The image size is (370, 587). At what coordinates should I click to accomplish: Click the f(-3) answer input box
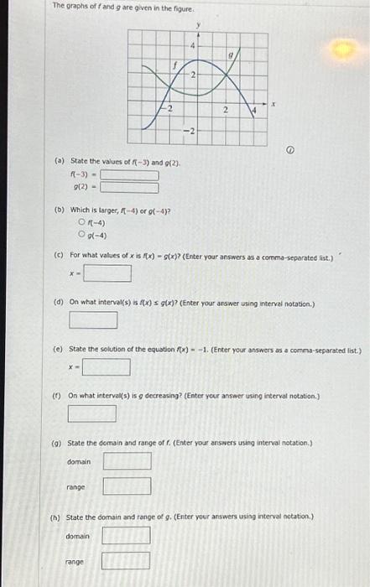(130, 175)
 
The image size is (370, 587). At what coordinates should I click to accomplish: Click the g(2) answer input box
(130, 188)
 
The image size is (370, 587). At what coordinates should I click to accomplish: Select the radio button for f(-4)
(81, 222)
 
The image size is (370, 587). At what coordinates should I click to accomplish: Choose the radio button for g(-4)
(81, 234)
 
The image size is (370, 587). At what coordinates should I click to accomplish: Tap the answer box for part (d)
(92, 319)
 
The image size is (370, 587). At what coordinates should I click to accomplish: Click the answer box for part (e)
(106, 366)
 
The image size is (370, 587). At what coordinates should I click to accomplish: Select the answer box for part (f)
(92, 413)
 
